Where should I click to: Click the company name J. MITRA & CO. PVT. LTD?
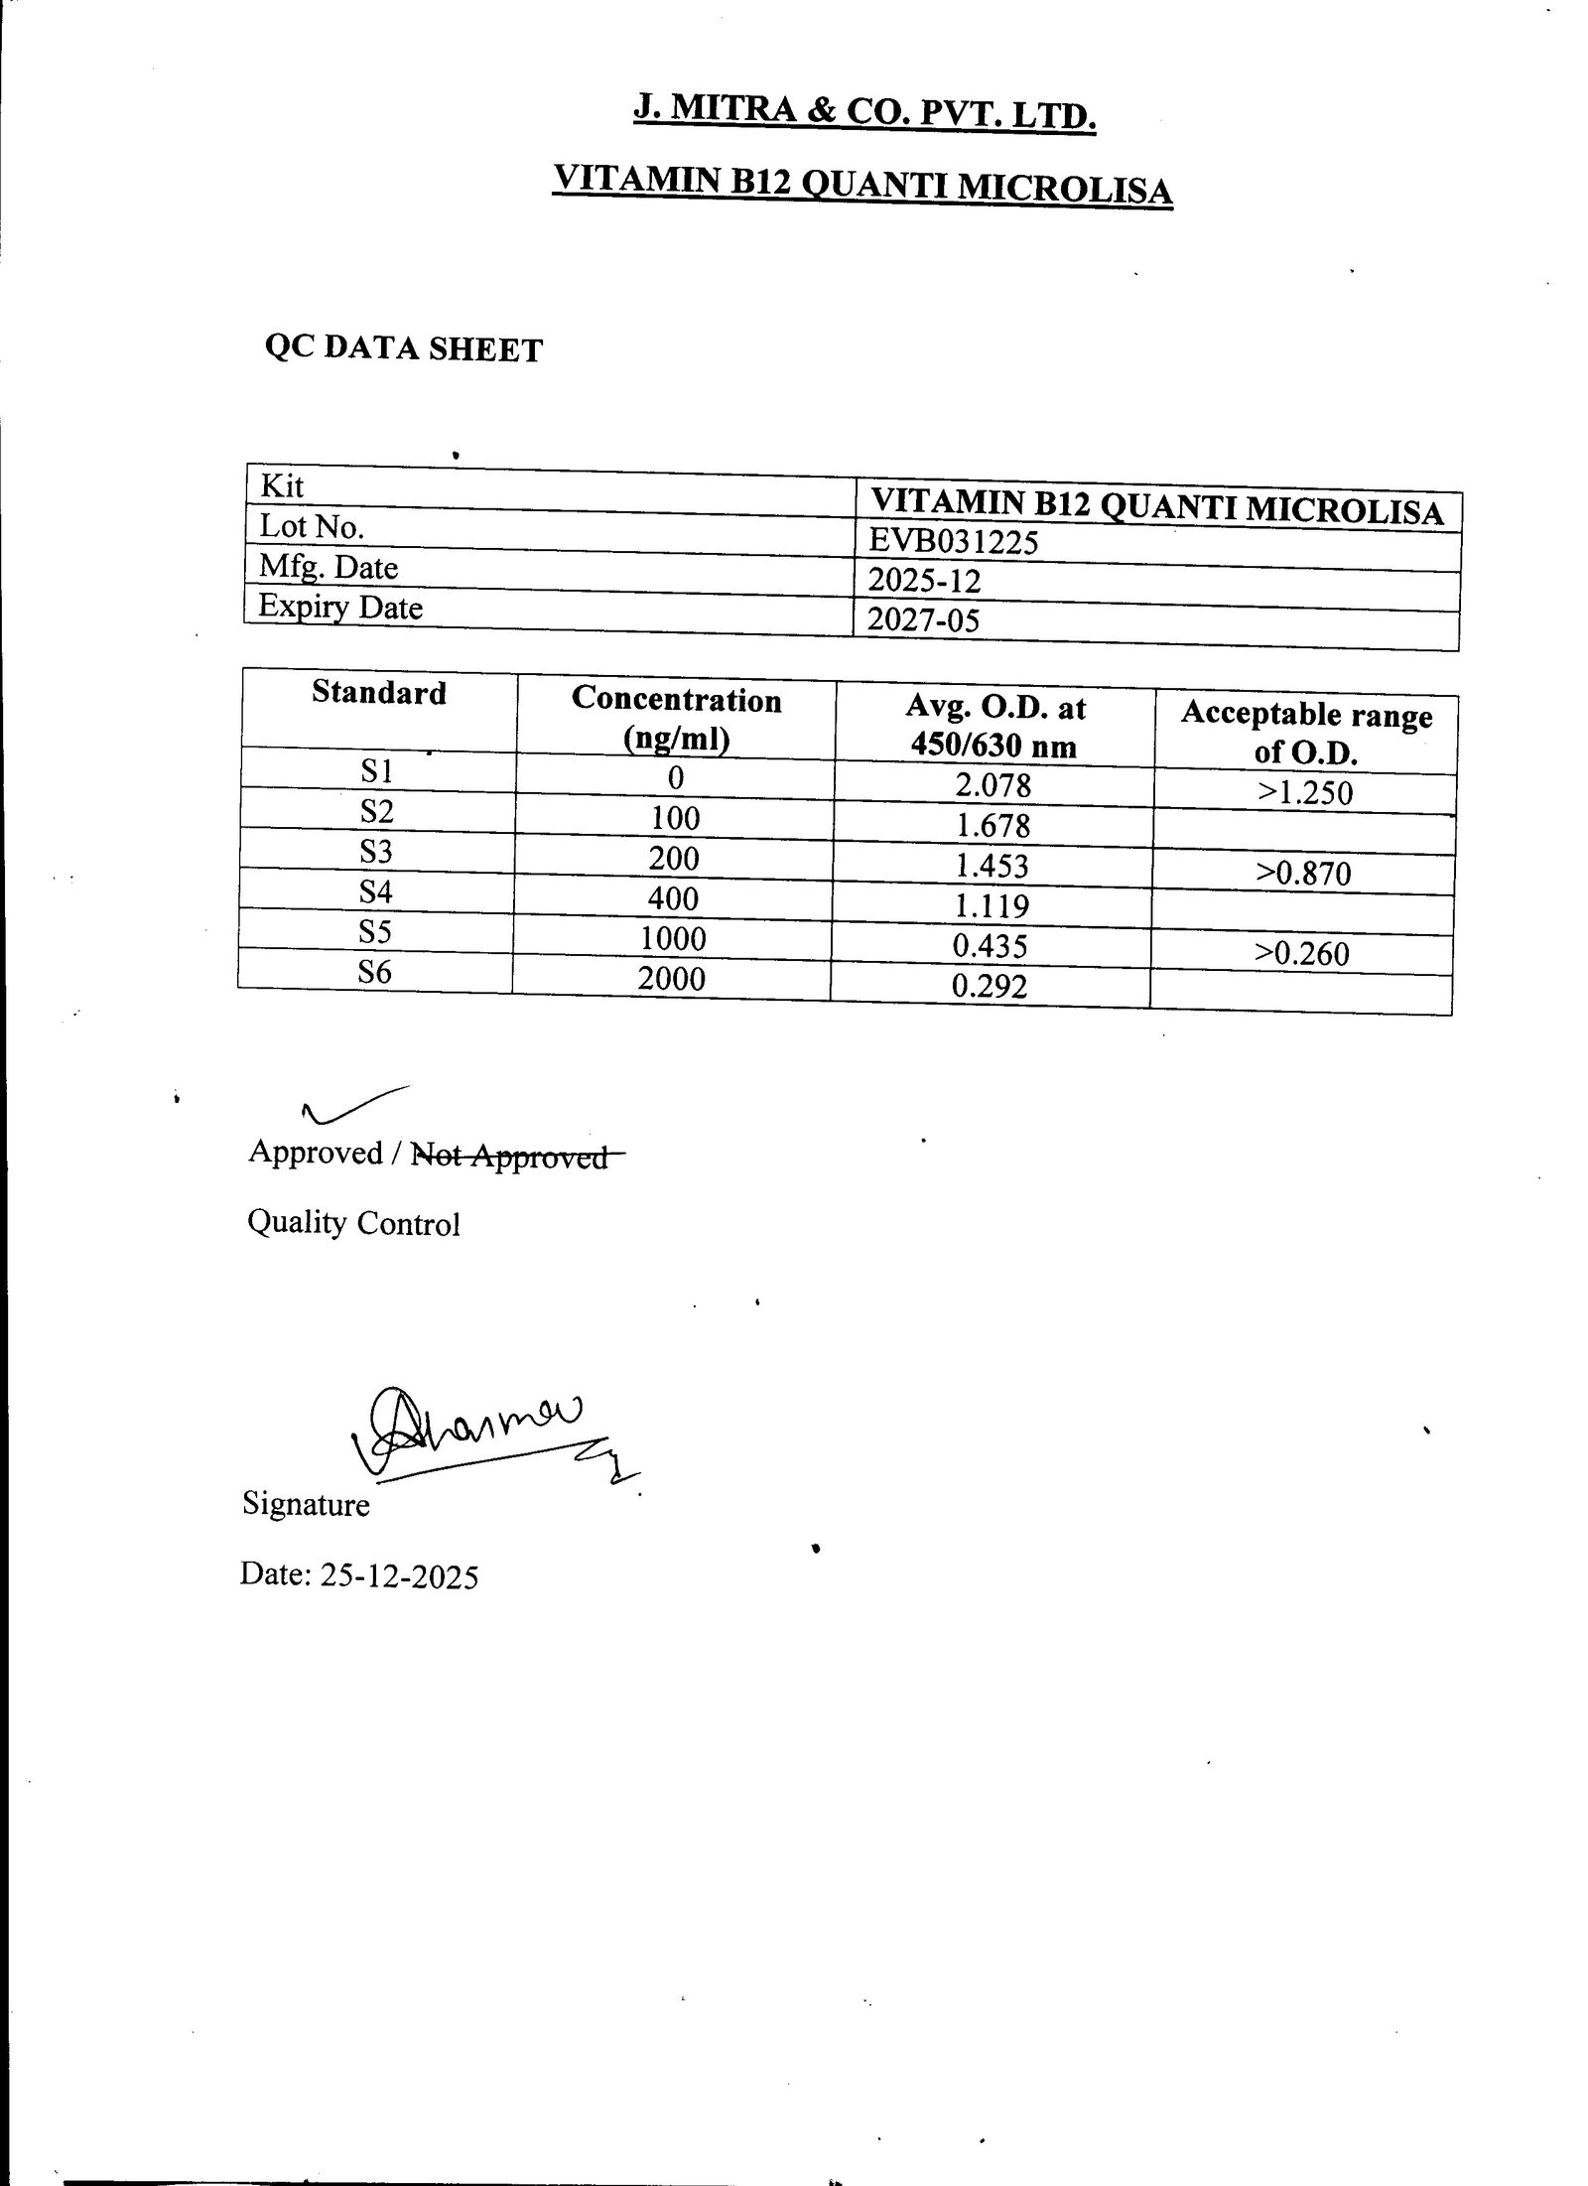pyautogui.click(x=863, y=112)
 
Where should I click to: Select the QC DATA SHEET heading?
pyautogui.click(x=403, y=348)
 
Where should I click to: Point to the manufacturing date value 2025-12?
pyautogui.click(x=923, y=581)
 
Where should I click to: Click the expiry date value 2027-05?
pyautogui.click(x=923, y=620)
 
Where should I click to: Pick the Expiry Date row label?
pyautogui.click(x=340, y=607)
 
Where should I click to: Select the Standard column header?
pyautogui.click(x=378, y=692)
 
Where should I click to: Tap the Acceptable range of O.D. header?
pyautogui.click(x=1306, y=733)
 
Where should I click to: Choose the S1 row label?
pyautogui.click(x=377, y=771)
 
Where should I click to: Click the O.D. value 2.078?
pyautogui.click(x=992, y=785)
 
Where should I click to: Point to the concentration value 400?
pyautogui.click(x=674, y=898)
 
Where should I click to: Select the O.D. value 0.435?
pyautogui.click(x=990, y=946)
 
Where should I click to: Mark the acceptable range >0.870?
pyautogui.click(x=1303, y=874)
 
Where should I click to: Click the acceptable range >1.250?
pyautogui.click(x=1305, y=792)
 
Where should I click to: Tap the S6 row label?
pyautogui.click(x=375, y=972)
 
